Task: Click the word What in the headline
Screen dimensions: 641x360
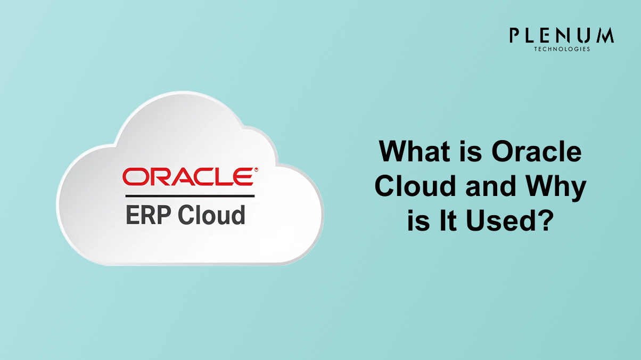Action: click(x=415, y=151)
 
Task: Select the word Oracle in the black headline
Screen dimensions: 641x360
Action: click(x=537, y=151)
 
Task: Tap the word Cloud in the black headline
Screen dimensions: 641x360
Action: click(x=415, y=186)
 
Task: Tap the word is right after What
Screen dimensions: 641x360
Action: click(x=471, y=151)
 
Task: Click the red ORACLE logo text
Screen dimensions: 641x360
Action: click(x=188, y=177)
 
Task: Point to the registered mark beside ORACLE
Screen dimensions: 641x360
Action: click(x=256, y=170)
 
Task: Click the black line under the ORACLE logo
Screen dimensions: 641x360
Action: click(x=190, y=196)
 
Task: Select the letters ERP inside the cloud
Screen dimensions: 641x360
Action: click(x=148, y=215)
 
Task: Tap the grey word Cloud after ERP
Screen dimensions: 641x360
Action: click(x=211, y=215)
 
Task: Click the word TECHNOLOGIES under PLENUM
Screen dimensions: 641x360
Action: click(x=562, y=49)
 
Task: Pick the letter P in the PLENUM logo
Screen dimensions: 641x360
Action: click(x=515, y=35)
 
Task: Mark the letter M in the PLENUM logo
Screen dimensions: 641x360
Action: click(x=604, y=35)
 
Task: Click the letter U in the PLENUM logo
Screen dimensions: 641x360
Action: click(x=583, y=36)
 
